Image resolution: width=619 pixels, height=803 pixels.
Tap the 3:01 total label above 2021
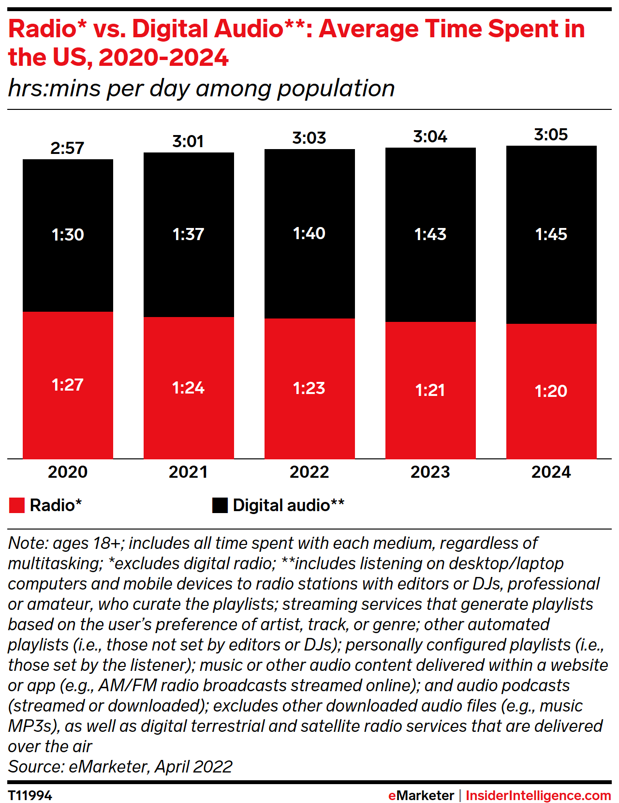188,141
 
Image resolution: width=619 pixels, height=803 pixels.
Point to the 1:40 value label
309,233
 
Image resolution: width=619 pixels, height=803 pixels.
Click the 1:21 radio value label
430,390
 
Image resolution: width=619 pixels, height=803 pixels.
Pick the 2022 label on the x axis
309,472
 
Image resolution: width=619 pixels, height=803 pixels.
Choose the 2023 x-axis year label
430,472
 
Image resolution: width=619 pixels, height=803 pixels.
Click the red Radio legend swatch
17,505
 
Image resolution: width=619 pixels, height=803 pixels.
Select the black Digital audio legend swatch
220,505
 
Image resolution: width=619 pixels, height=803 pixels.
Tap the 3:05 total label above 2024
551,135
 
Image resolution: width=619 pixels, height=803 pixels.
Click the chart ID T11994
30,795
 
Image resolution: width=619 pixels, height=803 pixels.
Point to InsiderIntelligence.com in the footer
538,795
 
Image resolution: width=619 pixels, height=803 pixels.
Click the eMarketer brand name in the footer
421,795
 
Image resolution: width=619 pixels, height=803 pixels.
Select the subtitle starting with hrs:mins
201,89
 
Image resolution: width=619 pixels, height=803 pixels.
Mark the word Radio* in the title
47,29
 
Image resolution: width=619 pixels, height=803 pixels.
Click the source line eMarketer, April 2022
120,767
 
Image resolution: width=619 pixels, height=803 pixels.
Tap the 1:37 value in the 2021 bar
188,234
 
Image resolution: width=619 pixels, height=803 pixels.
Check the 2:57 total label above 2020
67,148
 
